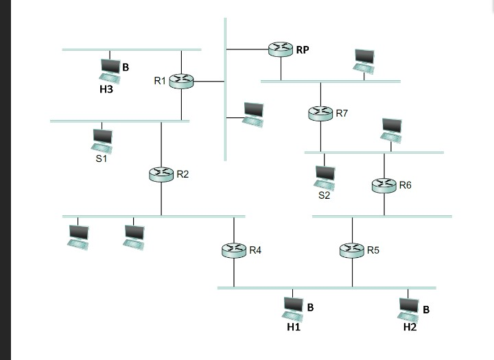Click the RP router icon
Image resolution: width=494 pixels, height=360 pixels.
[281, 49]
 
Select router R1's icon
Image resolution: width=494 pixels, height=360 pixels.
[181, 82]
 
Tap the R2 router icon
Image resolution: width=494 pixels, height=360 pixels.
[161, 175]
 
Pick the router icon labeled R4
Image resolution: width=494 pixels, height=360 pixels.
[234, 251]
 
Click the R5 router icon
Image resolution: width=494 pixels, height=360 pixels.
[353, 251]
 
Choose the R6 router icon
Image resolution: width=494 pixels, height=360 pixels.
[384, 185]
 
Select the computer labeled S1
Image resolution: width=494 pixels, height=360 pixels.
[102, 141]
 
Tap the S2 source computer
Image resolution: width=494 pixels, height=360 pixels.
[325, 178]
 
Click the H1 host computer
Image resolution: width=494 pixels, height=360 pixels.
[293, 309]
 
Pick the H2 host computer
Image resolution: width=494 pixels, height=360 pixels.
[409, 309]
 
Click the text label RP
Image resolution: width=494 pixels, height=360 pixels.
[303, 49]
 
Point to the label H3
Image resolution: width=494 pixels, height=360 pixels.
[106, 89]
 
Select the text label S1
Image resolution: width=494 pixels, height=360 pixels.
[102, 158]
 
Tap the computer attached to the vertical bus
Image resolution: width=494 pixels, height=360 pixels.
[254, 114]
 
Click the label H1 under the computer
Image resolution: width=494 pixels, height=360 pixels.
[294, 328]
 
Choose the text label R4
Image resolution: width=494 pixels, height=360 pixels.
[255, 251]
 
